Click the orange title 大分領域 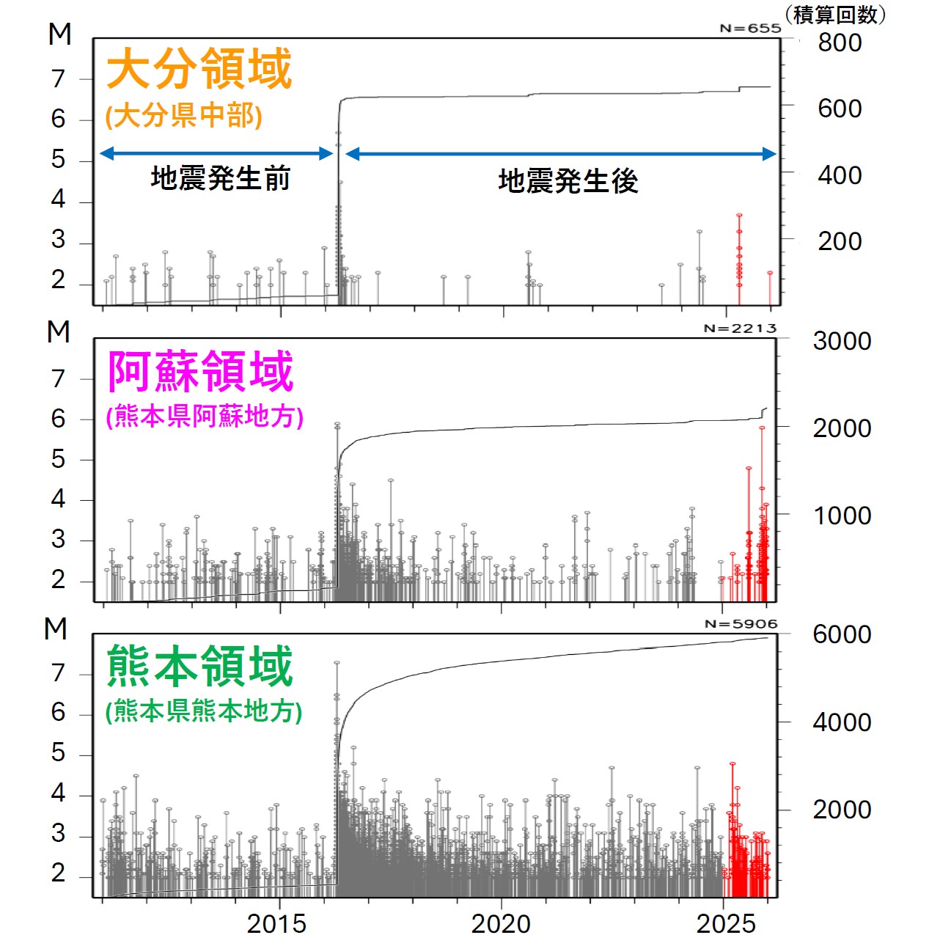click(x=199, y=69)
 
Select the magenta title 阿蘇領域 click(x=200, y=371)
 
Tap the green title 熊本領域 click(x=199, y=666)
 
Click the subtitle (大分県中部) click(x=184, y=116)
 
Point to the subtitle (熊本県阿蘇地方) click(x=205, y=417)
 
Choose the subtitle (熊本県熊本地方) click(x=204, y=711)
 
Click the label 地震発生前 click(x=220, y=178)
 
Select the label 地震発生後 click(x=568, y=181)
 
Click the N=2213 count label click(x=739, y=329)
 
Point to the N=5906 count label click(x=740, y=624)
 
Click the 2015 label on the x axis click(x=276, y=923)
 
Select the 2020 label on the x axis click(x=501, y=923)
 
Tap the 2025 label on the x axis click(x=725, y=923)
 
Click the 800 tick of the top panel click(x=840, y=43)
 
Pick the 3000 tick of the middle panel click(x=842, y=341)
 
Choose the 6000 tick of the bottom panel click(x=842, y=634)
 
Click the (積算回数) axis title click(x=835, y=14)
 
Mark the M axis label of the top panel click(x=60, y=34)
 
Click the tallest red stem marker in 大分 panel click(x=739, y=215)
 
